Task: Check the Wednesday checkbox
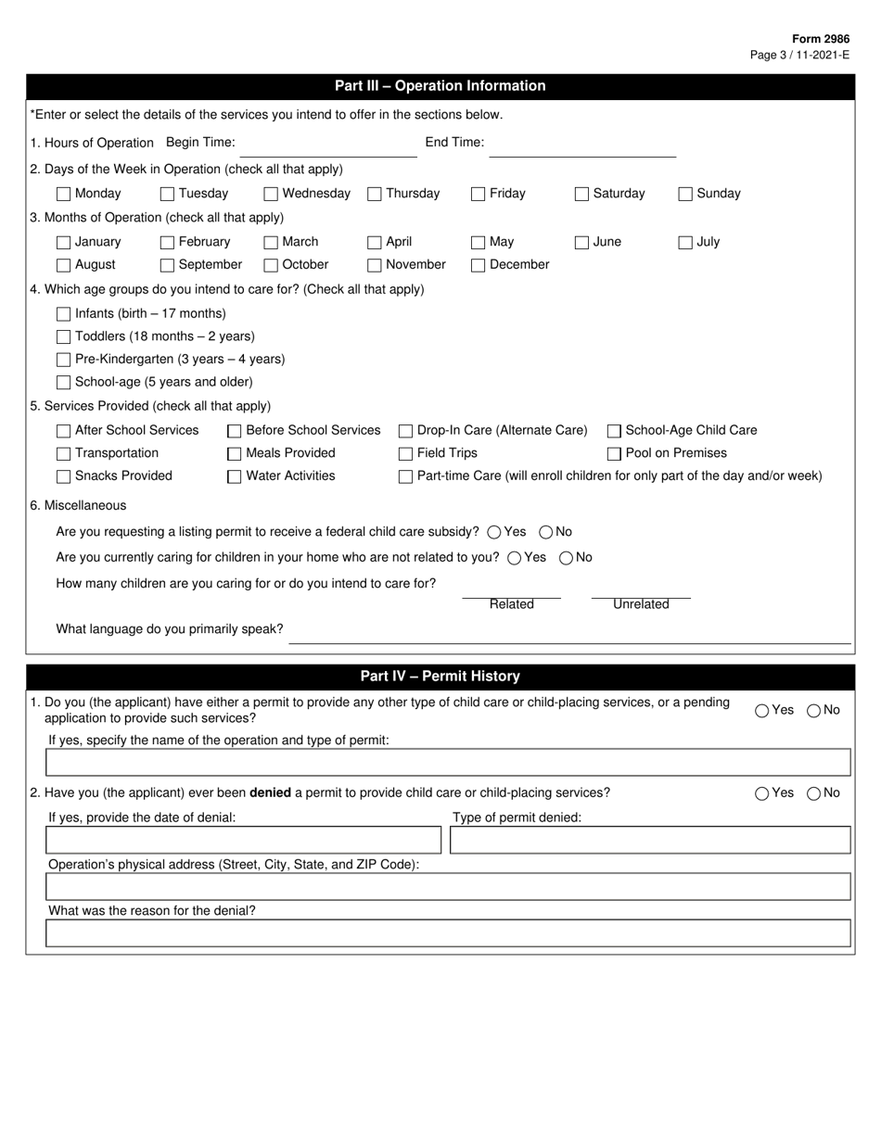pos(271,194)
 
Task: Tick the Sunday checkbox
pos(685,194)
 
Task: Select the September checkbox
pos(167,265)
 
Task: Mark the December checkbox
pos(479,265)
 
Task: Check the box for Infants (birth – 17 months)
pos(63,313)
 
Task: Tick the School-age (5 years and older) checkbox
pos(63,382)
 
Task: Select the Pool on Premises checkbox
pos(614,453)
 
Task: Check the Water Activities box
pos(235,476)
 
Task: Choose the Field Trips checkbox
pos(405,453)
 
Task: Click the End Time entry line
pos(582,148)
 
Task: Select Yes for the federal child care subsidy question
pos(494,532)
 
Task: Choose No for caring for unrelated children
pos(566,557)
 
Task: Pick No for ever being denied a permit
pos(813,793)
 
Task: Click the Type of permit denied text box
pos(650,840)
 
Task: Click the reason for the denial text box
pos(448,933)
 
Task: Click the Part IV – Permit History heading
pos(440,677)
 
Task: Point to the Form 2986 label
pos(820,39)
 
